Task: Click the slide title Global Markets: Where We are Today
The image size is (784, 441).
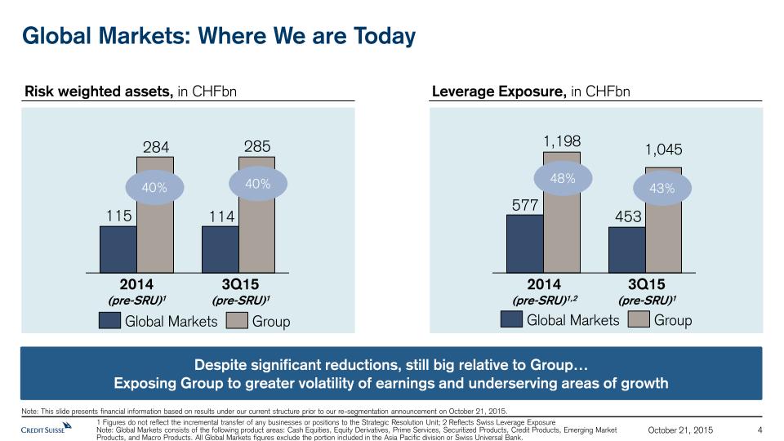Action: point(219,37)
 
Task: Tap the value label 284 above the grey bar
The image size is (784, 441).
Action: point(156,148)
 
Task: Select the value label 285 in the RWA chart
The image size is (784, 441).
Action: point(257,147)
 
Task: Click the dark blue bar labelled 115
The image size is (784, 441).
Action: point(118,248)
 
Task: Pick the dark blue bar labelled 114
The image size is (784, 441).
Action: point(220,248)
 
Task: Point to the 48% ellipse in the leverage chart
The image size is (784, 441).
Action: point(563,178)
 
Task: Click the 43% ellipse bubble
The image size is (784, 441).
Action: point(662,188)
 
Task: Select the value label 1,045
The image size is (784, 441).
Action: point(663,150)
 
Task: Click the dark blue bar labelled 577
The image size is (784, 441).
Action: point(524,243)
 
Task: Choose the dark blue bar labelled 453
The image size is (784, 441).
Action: point(626,249)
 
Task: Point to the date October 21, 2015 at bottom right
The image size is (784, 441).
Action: point(680,430)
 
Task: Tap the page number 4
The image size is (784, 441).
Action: point(760,430)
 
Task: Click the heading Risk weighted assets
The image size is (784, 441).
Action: point(98,91)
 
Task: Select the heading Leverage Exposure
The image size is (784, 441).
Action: point(498,91)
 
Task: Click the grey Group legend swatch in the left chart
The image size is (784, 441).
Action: point(237,321)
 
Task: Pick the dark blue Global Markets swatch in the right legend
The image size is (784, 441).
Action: point(511,320)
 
